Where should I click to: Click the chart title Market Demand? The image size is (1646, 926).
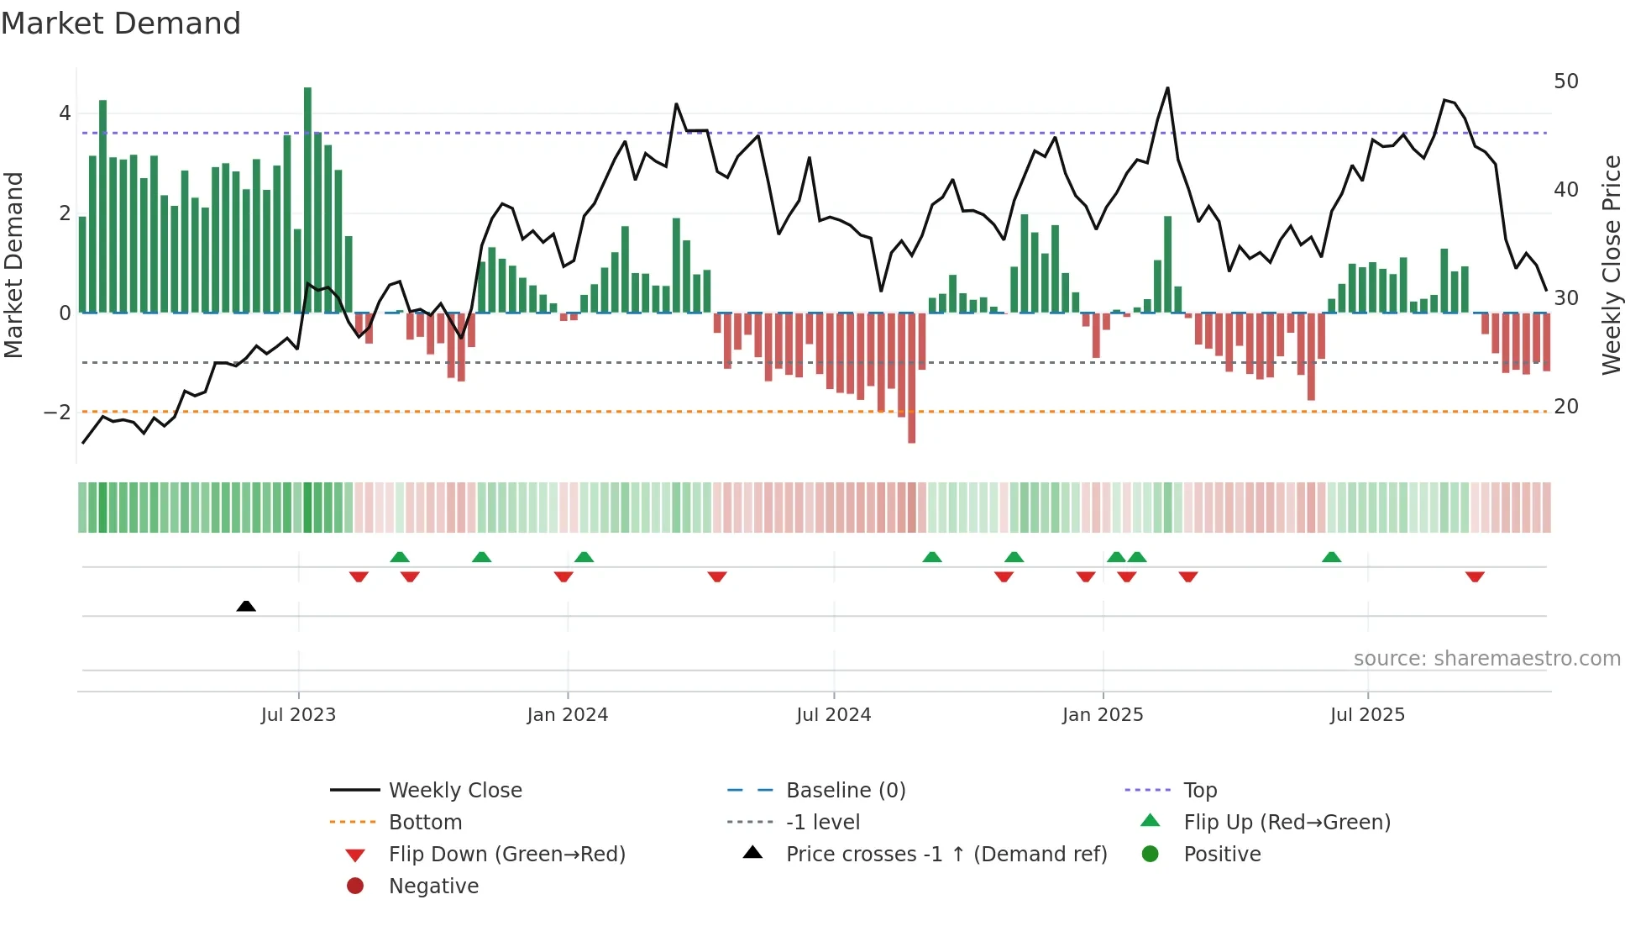pos(121,24)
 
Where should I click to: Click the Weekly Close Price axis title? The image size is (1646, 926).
pos(1611,265)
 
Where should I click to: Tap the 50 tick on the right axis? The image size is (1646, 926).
pos(1565,82)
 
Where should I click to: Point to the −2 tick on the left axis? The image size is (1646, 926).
pos(57,412)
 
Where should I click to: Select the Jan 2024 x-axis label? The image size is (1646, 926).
pos(567,715)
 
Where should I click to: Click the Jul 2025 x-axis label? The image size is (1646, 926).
pos(1366,715)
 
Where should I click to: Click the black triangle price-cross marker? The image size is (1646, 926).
pos(246,606)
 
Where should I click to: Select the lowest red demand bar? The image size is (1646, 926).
pos(911,378)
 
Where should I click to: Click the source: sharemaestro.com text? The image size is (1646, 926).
pos(1486,658)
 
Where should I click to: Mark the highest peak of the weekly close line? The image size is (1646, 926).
pos(1167,88)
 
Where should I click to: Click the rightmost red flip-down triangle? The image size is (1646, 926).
pos(1475,576)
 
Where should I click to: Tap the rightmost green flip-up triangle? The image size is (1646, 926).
pos(1331,557)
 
